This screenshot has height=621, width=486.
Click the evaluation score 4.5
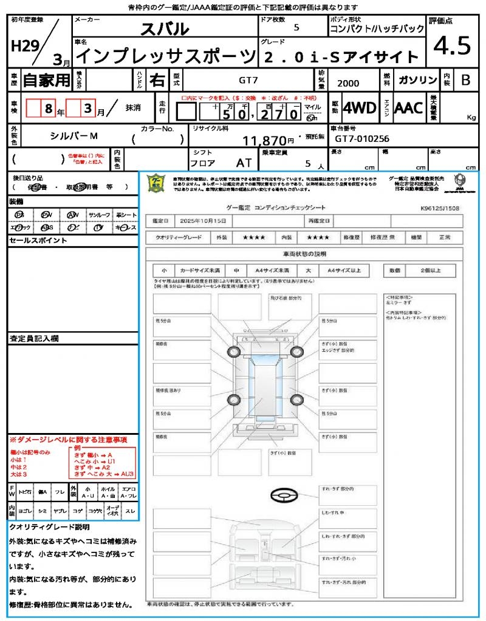click(x=452, y=46)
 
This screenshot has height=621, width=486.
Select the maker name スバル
click(x=165, y=29)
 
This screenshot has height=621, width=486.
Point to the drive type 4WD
click(x=359, y=108)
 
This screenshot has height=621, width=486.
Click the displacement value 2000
click(x=348, y=84)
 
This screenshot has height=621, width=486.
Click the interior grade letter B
click(x=465, y=80)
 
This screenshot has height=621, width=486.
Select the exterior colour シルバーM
click(x=74, y=136)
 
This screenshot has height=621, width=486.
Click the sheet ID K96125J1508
click(x=440, y=208)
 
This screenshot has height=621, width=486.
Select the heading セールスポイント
click(x=38, y=241)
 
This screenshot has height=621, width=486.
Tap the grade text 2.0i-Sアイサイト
click(x=341, y=58)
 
